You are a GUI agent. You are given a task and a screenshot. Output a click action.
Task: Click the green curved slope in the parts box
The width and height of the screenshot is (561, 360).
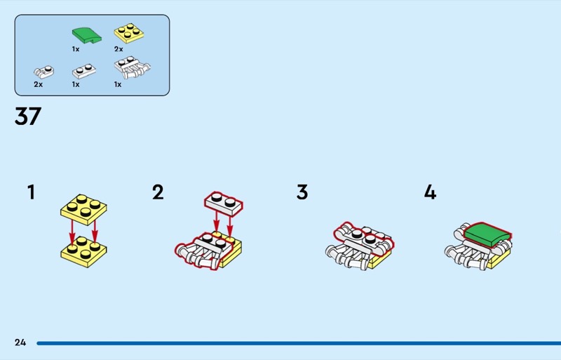coord(86,36)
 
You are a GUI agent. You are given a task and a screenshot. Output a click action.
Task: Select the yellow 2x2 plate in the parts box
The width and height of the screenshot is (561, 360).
coord(129,32)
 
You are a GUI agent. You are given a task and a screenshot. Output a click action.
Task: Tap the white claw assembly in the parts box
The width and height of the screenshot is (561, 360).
coord(132,67)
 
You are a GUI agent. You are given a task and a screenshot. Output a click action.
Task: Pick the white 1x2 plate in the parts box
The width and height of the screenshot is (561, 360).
coord(84,71)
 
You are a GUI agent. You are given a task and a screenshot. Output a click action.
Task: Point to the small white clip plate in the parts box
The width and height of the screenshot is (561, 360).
coord(44,72)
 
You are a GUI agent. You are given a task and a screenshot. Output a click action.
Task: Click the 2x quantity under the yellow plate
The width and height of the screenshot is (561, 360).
coord(119,49)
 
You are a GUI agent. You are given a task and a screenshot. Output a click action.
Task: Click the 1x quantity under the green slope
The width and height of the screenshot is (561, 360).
coord(76,49)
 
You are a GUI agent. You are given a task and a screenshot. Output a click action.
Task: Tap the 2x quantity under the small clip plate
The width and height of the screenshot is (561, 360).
coord(39,84)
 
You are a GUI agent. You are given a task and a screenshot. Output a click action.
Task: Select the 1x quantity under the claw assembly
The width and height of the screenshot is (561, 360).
coord(118,84)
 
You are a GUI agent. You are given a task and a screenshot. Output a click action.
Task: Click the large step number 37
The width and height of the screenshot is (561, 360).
coord(28,116)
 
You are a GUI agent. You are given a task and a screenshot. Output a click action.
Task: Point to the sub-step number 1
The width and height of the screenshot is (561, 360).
coord(32,192)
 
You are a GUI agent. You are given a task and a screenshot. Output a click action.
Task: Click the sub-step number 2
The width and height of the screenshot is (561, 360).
coord(158,192)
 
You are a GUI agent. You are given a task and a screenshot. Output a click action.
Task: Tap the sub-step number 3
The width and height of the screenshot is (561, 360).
coord(302,192)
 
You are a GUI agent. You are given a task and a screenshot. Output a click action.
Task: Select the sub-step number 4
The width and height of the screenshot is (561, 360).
coord(430,192)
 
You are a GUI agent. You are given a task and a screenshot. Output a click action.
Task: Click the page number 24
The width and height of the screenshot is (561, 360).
coord(20,342)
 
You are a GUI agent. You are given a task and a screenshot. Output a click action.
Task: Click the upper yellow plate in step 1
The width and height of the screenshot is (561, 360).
coord(83,210)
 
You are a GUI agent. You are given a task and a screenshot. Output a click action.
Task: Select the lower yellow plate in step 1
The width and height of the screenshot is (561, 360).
coord(83,252)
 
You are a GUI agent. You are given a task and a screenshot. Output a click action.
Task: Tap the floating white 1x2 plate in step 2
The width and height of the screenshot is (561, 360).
coord(224,204)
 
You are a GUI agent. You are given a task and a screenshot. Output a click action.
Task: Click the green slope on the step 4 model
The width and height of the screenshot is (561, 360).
coord(487,234)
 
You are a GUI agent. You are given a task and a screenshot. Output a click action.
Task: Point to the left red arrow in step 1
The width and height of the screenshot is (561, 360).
coord(72,233)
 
